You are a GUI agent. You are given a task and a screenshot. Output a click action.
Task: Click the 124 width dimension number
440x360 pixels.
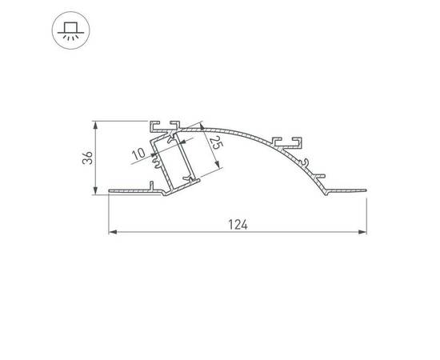(237, 225)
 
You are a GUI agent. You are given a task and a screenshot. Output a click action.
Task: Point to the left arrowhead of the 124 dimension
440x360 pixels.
(112, 233)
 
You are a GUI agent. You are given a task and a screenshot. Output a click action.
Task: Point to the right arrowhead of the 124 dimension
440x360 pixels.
(363, 233)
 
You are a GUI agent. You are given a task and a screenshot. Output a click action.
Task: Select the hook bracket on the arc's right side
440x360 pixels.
(290, 142)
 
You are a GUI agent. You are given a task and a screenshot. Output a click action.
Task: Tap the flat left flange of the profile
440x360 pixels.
(128, 191)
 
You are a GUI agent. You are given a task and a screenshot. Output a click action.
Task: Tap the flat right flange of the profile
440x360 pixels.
(344, 190)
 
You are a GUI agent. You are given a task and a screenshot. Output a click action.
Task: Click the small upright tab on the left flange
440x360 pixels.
(151, 186)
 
